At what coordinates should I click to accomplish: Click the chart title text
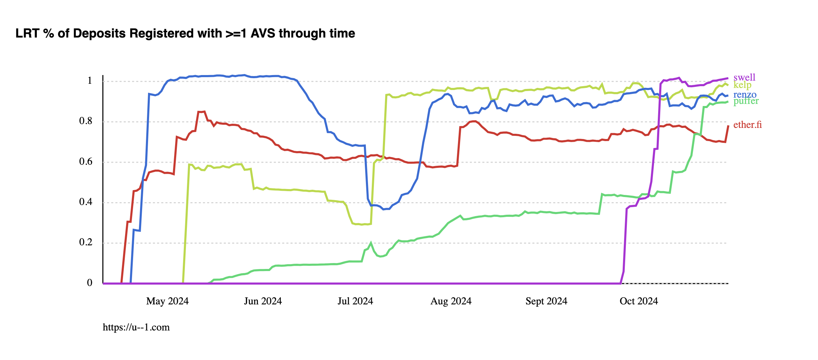coord(185,33)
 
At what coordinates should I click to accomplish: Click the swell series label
coord(744,77)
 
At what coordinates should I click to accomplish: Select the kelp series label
coord(742,85)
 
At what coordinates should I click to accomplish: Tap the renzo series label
coord(745,95)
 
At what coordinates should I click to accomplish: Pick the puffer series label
coord(746,101)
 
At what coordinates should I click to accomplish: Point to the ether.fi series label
coord(747,125)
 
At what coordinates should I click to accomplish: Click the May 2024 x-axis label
coord(167,301)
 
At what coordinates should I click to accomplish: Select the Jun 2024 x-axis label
coord(263,301)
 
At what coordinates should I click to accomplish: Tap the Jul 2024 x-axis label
coord(355,301)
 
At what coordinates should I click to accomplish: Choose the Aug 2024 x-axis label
coord(451,301)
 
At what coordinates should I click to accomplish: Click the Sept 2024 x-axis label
coord(546,301)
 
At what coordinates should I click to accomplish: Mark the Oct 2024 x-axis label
coord(639,301)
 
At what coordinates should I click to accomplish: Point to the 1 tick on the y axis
coord(90,81)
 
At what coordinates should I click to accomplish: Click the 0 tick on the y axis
coord(90,283)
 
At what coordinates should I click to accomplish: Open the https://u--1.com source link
coord(136,327)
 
